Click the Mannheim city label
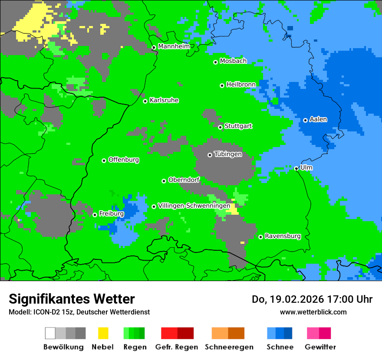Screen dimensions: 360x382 point(174,46)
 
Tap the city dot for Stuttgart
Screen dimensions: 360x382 point(220,127)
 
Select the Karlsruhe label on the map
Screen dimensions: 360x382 point(164,100)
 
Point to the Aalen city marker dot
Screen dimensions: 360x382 point(305,120)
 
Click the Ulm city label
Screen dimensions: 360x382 point(306,167)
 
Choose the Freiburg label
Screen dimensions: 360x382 point(111,214)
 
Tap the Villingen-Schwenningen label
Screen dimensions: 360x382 point(194,206)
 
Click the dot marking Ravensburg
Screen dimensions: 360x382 point(260,237)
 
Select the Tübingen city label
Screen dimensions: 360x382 point(228,154)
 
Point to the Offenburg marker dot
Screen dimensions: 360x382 point(104,160)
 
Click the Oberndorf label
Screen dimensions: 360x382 point(184,180)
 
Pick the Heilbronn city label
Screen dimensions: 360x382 point(241,84)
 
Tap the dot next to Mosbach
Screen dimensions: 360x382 point(215,62)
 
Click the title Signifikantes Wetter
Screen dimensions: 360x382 point(72,299)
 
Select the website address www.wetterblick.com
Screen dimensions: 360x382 point(313,312)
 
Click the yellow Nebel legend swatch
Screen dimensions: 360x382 point(103,333)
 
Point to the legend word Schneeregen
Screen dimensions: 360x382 point(229,347)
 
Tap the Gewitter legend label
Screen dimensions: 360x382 point(320,347)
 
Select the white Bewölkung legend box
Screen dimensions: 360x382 point(50,333)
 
